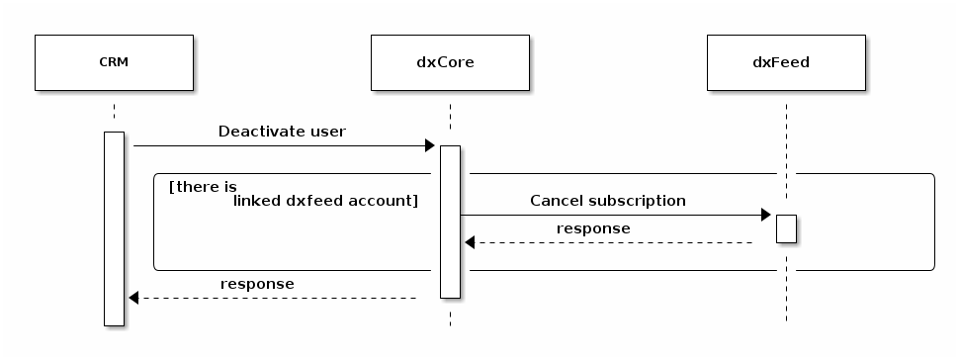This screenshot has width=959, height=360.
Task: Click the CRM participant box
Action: click(114, 62)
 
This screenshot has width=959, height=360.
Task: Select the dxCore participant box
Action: click(450, 62)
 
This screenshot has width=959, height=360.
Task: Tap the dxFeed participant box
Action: click(786, 62)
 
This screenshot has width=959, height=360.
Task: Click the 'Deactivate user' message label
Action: click(282, 132)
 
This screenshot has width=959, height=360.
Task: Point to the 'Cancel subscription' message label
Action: click(607, 201)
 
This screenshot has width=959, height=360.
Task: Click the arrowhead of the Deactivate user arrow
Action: click(429, 146)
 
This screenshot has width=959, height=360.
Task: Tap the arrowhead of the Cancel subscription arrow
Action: click(765, 216)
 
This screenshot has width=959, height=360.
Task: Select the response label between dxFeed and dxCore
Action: click(593, 228)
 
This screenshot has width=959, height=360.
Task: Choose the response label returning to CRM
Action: click(257, 284)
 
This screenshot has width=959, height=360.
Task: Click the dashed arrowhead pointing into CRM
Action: click(134, 298)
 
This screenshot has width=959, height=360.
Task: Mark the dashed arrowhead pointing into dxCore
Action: click(471, 242)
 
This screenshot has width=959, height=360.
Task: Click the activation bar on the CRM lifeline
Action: click(114, 227)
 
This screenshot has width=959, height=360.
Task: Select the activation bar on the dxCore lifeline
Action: click(450, 221)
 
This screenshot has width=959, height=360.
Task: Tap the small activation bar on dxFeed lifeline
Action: click(786, 228)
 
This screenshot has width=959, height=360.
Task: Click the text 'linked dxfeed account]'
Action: click(325, 201)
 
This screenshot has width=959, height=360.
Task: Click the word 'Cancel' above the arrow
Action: click(554, 201)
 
